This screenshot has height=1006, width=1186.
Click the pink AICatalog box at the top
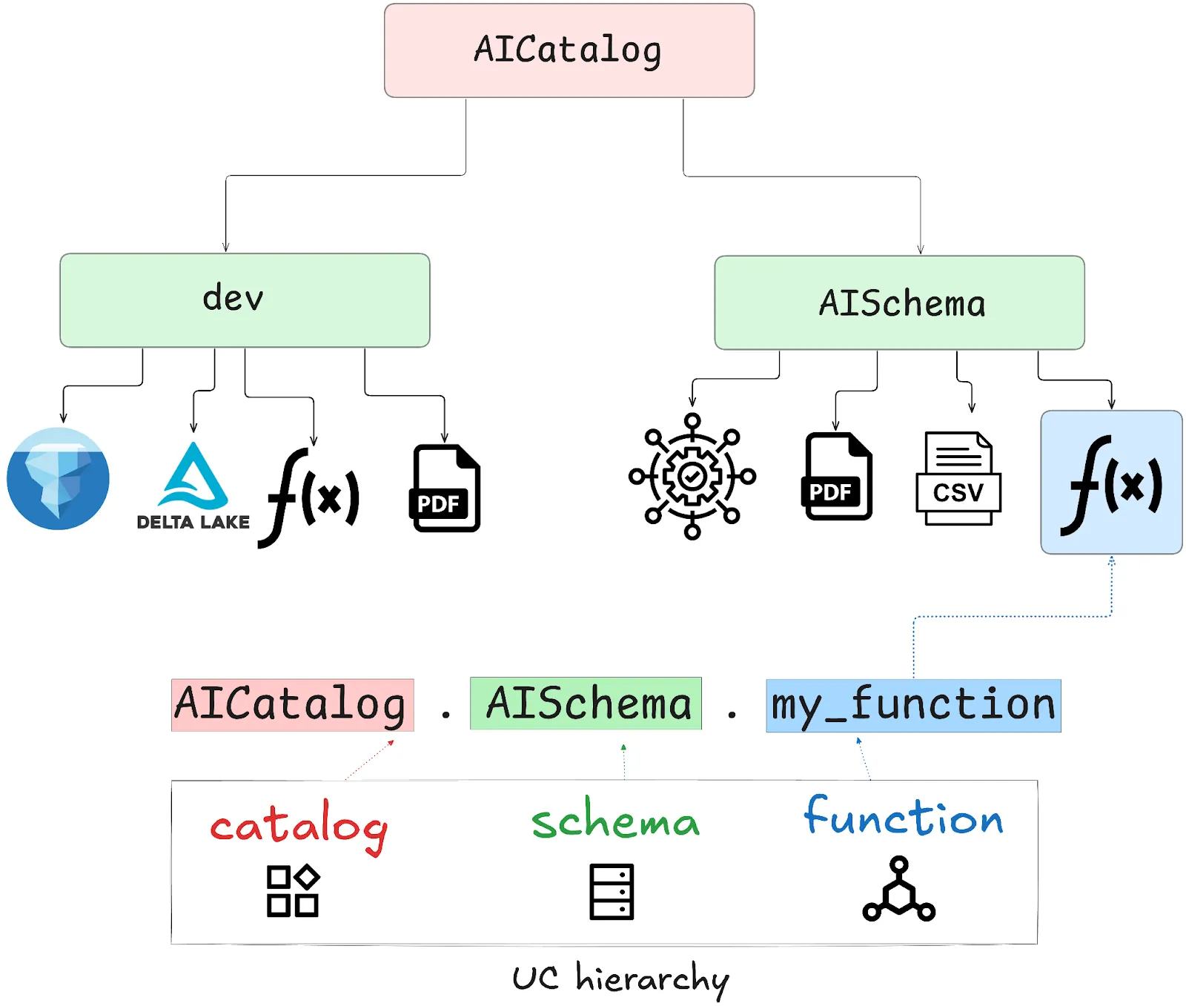point(569,50)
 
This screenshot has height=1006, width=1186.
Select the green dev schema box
point(245,300)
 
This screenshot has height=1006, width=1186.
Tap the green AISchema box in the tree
point(899,302)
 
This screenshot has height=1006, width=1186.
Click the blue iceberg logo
point(58,478)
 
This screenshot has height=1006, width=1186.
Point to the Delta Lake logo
point(193,486)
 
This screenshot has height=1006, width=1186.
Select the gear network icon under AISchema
point(692,476)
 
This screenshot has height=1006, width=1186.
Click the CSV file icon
point(958,479)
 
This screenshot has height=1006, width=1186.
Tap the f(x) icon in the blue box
point(1111,483)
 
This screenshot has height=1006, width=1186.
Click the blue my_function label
point(913,705)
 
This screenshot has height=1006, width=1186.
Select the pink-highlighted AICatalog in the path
point(292,704)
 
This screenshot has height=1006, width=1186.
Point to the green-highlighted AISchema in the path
point(586,704)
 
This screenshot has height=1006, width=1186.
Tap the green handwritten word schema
point(615,821)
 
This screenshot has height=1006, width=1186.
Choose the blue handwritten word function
point(904,817)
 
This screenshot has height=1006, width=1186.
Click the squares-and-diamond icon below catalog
point(293,890)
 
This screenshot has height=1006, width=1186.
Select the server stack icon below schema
point(612,891)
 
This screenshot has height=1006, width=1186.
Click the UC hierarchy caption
point(620,979)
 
